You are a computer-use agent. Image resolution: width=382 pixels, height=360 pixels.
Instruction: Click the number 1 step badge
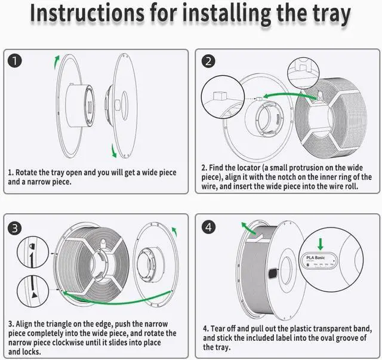point(14,61)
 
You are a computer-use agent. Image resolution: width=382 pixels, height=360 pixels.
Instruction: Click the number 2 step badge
point(208,61)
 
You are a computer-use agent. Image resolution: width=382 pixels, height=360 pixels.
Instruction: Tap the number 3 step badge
point(15,229)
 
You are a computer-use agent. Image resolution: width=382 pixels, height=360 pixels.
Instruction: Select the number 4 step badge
point(208,227)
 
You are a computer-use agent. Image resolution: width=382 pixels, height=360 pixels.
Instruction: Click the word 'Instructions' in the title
point(87,13)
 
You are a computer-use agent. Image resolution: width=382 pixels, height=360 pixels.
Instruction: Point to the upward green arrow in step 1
point(57,61)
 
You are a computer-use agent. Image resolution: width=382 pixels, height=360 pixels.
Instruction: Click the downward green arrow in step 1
point(113,151)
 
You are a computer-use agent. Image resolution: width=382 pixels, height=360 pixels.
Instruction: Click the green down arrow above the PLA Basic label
point(321,244)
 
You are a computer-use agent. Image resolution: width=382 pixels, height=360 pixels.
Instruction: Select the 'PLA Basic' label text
point(316,258)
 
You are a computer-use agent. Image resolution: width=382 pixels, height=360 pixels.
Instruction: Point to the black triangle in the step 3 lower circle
point(35,295)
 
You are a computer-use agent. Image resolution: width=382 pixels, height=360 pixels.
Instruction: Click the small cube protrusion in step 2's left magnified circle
point(220,96)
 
